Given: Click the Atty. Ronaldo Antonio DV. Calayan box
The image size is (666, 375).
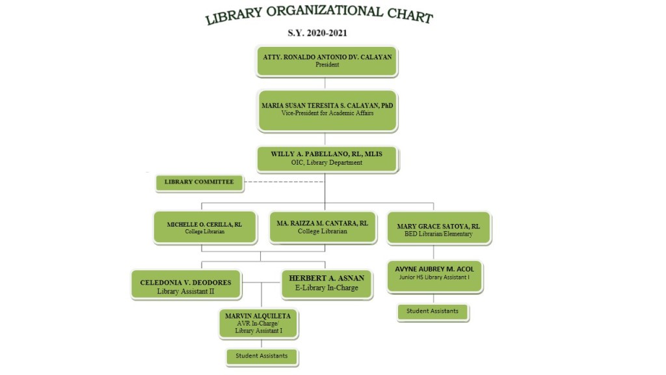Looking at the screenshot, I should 326,61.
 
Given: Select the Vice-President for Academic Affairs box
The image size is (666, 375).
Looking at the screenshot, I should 327,109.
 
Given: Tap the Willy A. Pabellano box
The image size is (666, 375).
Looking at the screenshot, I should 326,158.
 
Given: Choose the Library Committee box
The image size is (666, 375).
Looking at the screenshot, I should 199,182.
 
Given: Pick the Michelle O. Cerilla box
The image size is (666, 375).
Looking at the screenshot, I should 205,227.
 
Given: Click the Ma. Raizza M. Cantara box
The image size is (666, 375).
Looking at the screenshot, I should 322,227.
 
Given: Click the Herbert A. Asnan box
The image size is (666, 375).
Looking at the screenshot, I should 326,283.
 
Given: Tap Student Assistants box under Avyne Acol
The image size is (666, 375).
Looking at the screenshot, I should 433,311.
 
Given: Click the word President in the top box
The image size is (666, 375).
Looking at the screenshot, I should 327,65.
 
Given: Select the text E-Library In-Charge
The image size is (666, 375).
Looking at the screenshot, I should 326,288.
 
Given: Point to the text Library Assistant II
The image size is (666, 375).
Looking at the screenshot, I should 186,292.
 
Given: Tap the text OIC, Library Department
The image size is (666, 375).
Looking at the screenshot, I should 326,163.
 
